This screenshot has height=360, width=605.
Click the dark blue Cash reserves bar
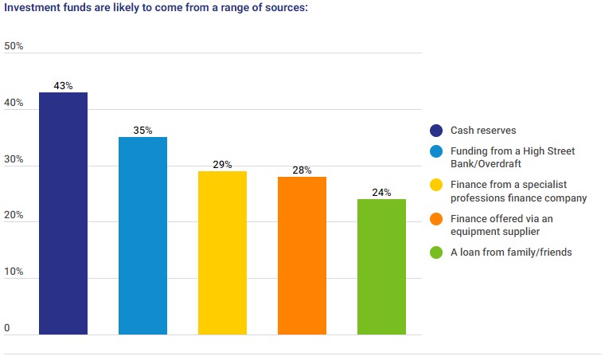tap(63, 213)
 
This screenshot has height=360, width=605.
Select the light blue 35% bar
tap(142, 236)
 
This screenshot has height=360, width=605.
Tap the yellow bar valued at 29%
tap(222, 252)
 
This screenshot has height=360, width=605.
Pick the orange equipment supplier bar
tap(302, 255)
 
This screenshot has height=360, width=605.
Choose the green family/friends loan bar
tap(381, 266)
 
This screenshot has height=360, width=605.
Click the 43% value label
tap(63, 85)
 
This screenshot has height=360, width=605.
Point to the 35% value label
tap(142, 130)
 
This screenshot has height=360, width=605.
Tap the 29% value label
tap(222, 164)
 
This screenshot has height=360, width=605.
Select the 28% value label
tap(302, 170)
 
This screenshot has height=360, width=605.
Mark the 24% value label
tap(381, 192)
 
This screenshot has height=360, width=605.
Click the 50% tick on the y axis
tap(14, 46)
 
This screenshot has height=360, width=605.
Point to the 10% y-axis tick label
tap(14, 272)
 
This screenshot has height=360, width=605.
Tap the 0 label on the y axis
tap(7, 328)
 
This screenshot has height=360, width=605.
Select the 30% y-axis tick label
tap(14, 159)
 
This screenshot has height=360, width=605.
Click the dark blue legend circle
tap(435, 131)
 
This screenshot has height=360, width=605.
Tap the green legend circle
tap(435, 253)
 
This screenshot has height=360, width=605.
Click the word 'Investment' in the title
tap(29, 7)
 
